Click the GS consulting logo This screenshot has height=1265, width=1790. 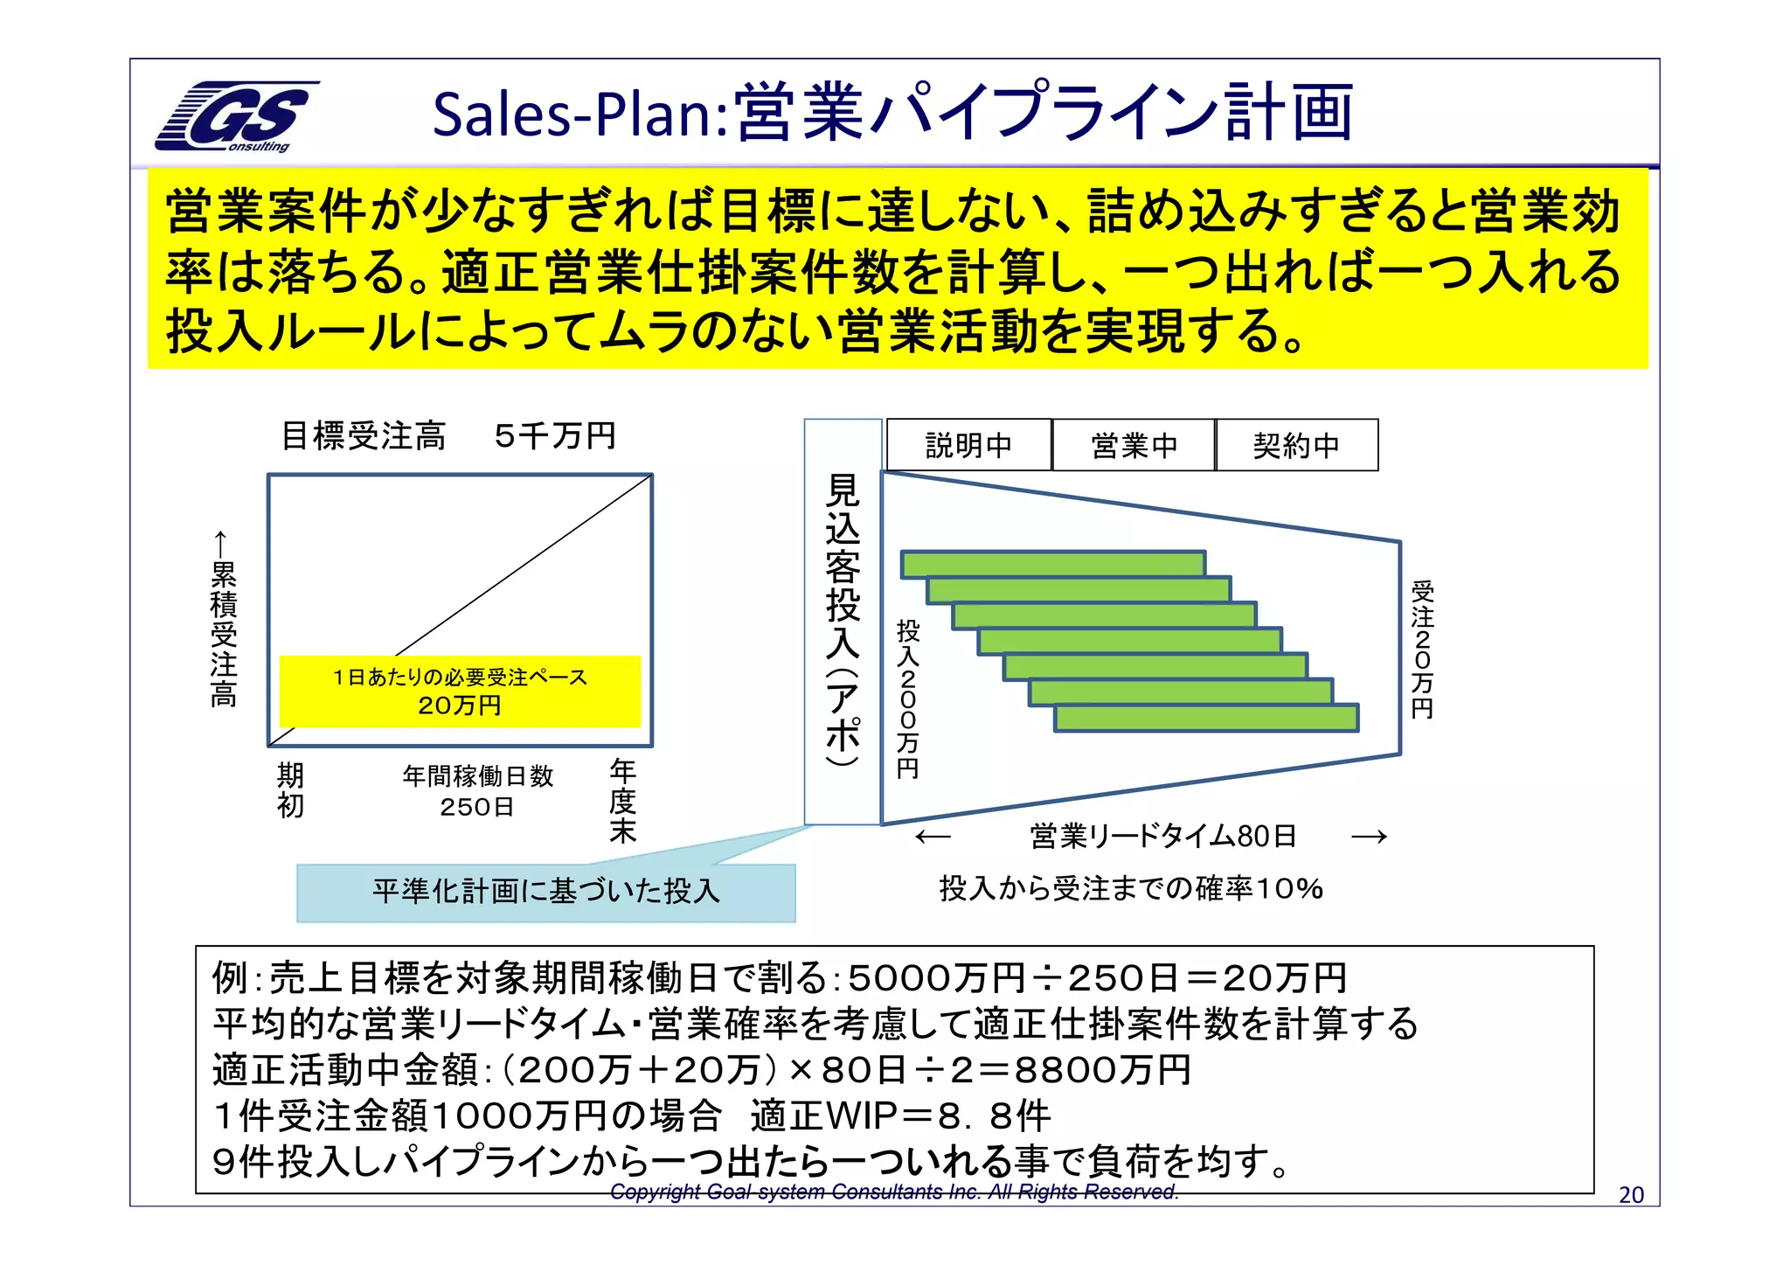click(x=236, y=116)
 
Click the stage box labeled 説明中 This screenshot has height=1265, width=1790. click(x=968, y=445)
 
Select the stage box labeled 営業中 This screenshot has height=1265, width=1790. click(x=1134, y=445)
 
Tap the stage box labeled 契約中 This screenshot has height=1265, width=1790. click(x=1296, y=445)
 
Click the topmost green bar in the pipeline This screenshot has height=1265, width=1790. click(x=1053, y=564)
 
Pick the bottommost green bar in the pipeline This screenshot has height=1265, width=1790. click(x=1206, y=718)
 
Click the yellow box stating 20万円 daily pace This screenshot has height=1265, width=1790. click(x=460, y=691)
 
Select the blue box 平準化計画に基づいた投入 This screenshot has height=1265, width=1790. click(x=545, y=892)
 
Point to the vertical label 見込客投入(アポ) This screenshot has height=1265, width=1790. click(x=843, y=621)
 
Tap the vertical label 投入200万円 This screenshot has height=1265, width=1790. click(x=908, y=699)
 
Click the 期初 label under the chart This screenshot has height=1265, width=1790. click(x=290, y=789)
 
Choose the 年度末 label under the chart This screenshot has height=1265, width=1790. click(x=622, y=801)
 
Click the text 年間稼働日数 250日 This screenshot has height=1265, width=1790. click(x=477, y=790)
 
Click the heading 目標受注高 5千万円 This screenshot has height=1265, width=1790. click(x=448, y=435)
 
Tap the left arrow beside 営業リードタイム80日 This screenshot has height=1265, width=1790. click(x=933, y=838)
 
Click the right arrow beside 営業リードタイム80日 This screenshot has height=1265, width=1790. click(x=1369, y=838)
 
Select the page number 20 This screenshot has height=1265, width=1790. click(x=1631, y=1194)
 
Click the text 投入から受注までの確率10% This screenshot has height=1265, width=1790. click(x=1131, y=888)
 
